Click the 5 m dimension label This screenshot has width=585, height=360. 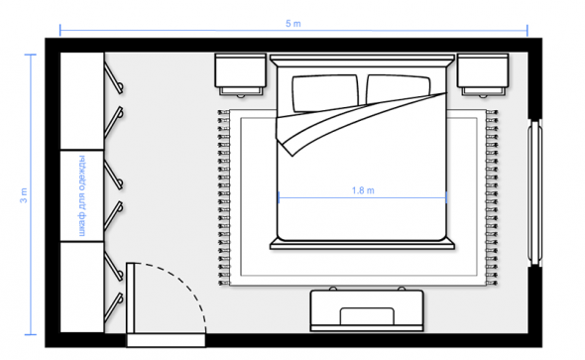pyautogui.click(x=292, y=24)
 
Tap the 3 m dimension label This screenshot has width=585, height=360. pyautogui.click(x=24, y=195)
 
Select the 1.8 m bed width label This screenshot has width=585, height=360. pyautogui.click(x=363, y=190)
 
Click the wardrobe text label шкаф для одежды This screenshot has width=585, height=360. pyautogui.click(x=82, y=195)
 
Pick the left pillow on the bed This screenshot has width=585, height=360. pyautogui.click(x=325, y=93)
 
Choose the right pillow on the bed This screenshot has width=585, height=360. pyautogui.click(x=398, y=89)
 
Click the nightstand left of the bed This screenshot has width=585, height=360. pyautogui.click(x=241, y=75)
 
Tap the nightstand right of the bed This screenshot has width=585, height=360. pyautogui.click(x=483, y=75)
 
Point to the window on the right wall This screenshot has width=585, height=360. pyautogui.click(x=534, y=192)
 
